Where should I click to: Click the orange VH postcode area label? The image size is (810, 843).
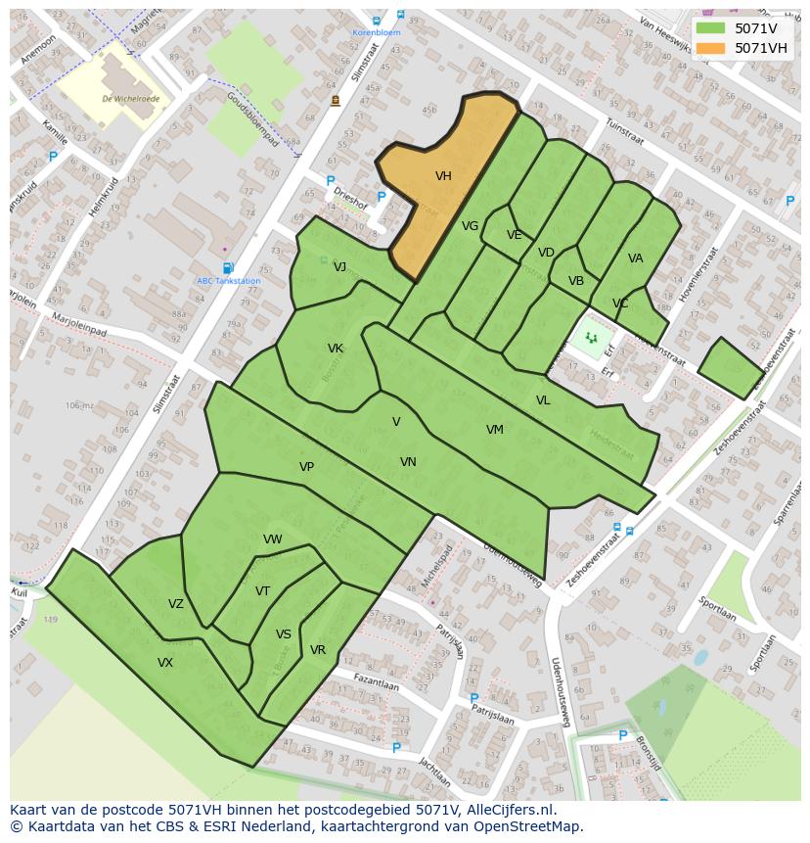(443, 176)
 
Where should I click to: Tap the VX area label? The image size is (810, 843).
(165, 663)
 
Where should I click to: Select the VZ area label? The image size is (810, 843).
(176, 604)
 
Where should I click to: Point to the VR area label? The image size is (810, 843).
(318, 650)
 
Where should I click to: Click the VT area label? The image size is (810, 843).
(262, 591)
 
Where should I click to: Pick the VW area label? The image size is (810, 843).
(272, 539)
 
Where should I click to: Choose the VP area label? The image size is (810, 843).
(306, 467)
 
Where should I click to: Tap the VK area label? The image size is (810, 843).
(336, 349)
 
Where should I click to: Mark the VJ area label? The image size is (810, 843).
(339, 266)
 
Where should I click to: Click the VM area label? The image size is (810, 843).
(495, 430)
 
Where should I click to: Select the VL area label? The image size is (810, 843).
(543, 400)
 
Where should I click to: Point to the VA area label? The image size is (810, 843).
(636, 258)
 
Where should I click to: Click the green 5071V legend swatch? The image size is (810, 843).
(711, 28)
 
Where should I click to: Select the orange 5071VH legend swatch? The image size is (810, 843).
(711, 48)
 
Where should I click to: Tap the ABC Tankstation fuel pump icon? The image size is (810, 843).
(228, 267)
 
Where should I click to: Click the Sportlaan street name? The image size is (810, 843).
(718, 609)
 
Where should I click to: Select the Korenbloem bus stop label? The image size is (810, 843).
(377, 32)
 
